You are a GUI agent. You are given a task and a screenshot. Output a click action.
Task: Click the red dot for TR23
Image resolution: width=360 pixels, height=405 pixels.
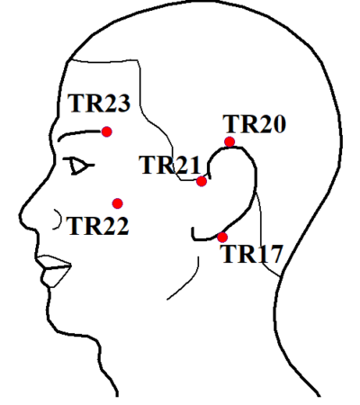click(107, 131)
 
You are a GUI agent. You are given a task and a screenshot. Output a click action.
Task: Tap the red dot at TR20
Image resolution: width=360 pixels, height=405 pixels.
click(229, 141)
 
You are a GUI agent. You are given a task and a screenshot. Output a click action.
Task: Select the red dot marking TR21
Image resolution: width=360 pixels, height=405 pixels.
click(202, 181)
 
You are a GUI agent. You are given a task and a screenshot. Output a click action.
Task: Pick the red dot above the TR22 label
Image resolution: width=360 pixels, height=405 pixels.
click(118, 203)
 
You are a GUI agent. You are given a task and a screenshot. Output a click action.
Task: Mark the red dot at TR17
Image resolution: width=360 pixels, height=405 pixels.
click(222, 238)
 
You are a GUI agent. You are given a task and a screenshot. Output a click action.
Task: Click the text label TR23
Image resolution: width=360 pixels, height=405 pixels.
click(99, 103)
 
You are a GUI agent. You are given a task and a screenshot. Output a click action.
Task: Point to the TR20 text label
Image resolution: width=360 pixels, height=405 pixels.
click(255, 124)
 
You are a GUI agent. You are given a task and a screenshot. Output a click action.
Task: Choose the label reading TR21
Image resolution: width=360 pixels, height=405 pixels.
click(170, 165)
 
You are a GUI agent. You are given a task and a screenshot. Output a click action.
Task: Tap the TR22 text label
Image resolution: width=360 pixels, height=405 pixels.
click(98, 225)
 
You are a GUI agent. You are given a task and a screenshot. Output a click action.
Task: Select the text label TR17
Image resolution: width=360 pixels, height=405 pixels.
click(252, 254)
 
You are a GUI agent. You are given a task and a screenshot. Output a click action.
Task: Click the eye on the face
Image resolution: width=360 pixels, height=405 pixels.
click(78, 166)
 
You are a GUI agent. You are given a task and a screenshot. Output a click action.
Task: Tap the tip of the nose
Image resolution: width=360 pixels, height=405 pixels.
click(21, 214)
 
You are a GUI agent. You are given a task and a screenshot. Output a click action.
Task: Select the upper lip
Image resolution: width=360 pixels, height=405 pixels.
click(54, 261)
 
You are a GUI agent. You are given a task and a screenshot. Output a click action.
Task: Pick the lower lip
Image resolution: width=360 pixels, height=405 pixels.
click(56, 276)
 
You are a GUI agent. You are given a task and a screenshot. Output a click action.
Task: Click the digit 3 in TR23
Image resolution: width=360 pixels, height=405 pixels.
click(122, 103)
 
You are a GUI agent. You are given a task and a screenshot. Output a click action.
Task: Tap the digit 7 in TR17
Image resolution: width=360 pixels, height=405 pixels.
click(274, 254)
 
